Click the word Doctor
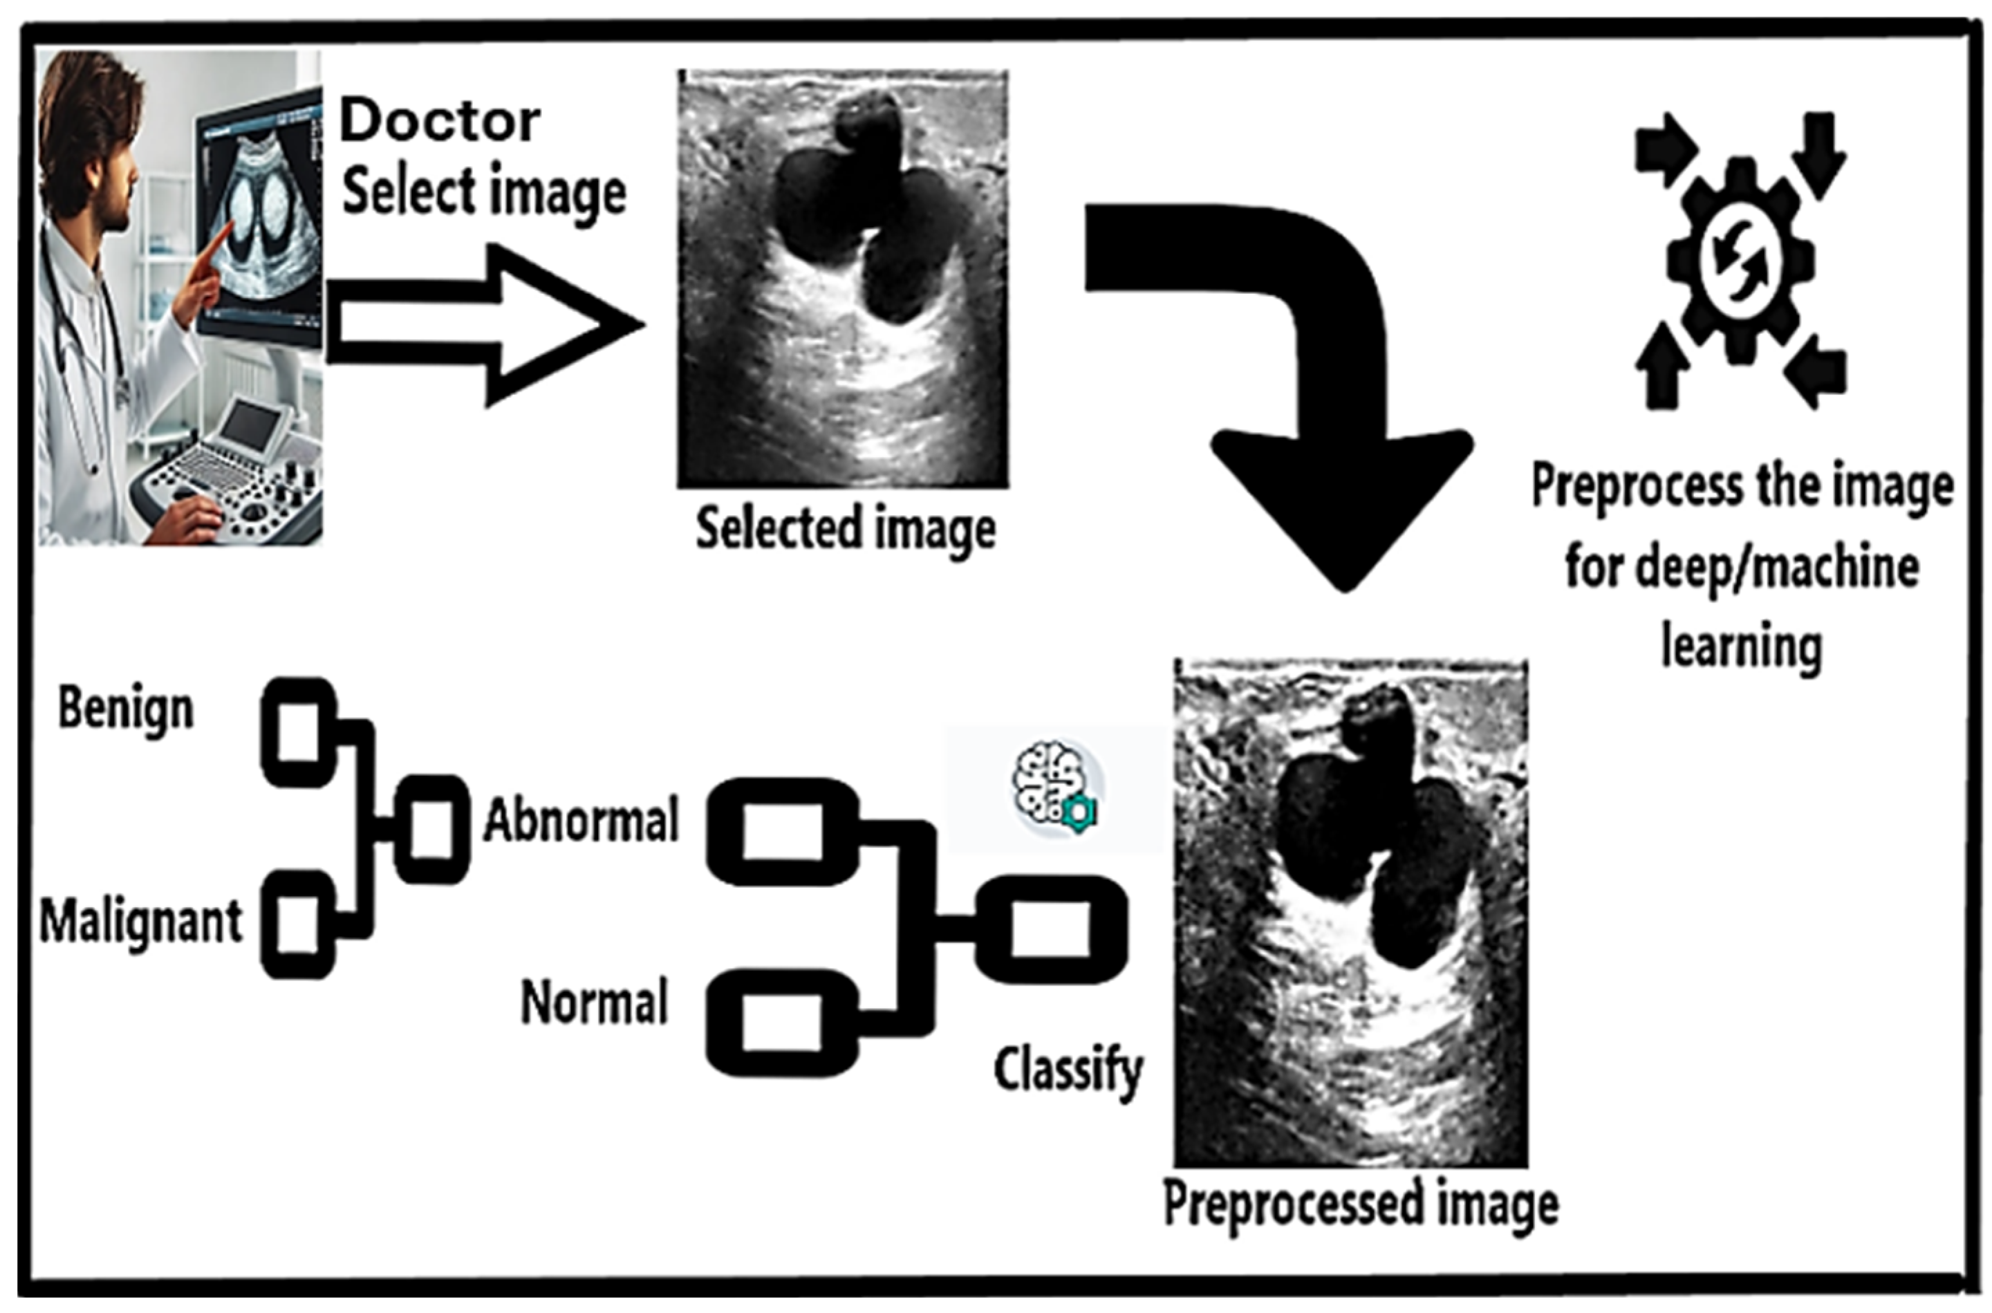(440, 122)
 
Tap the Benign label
(126, 709)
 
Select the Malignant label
(140, 922)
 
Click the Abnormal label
(580, 821)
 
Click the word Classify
(1068, 1071)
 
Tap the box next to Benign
(298, 732)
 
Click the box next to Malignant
(298, 924)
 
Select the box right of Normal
(782, 1023)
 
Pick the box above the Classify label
(1051, 929)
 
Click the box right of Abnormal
(782, 830)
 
